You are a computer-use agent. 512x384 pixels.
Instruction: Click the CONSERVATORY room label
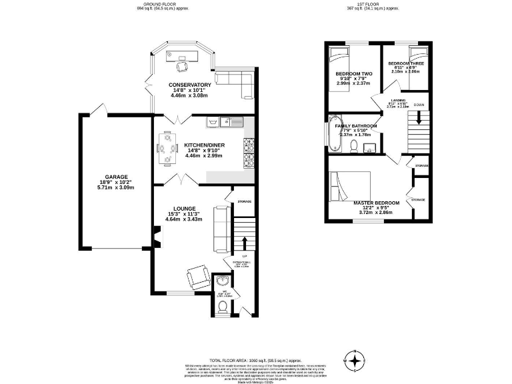point(190,85)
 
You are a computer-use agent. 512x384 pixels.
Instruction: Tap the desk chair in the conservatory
point(181,65)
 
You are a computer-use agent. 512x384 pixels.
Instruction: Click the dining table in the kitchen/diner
point(164,148)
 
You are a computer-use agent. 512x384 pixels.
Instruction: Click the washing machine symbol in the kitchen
point(213,123)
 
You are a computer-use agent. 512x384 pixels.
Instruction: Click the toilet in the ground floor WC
point(222,306)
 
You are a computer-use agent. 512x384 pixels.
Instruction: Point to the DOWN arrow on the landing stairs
point(419,118)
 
